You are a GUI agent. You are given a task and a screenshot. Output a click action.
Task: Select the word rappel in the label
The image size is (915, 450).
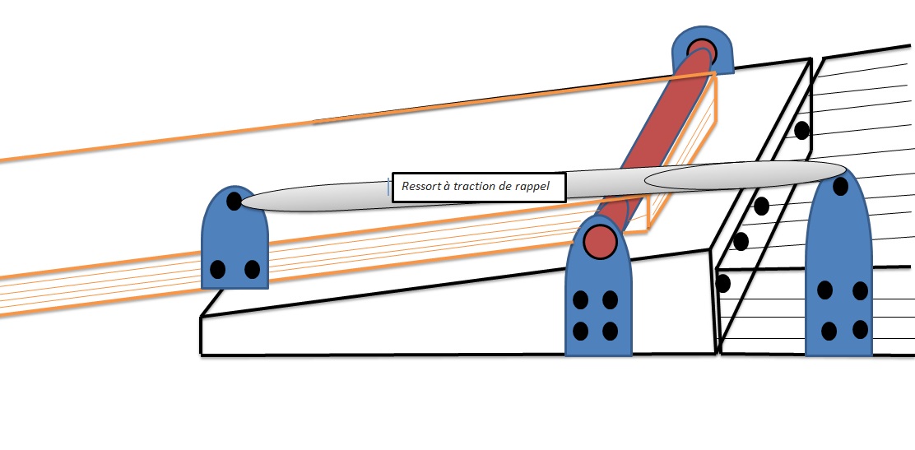click(x=532, y=188)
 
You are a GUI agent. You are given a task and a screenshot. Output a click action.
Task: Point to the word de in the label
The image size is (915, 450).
click(x=497, y=187)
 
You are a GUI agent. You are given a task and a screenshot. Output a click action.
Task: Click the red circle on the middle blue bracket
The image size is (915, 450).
click(x=600, y=241)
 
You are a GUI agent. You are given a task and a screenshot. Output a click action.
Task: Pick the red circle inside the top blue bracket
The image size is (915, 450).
click(x=701, y=50)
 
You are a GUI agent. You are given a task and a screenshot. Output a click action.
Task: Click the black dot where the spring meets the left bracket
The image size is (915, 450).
click(x=234, y=202)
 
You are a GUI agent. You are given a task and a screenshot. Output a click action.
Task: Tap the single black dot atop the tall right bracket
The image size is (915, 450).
click(x=840, y=187)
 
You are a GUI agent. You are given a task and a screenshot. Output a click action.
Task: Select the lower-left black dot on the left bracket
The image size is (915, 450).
click(x=218, y=270)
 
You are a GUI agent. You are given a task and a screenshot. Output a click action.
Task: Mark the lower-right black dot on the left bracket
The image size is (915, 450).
click(x=252, y=270)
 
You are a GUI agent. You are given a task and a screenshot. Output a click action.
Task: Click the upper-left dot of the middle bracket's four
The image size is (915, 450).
click(x=580, y=300)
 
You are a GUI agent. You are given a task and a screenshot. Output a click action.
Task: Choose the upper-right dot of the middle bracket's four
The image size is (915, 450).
click(x=610, y=300)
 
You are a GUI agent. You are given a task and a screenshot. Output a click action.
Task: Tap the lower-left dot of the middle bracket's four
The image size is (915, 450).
click(x=580, y=331)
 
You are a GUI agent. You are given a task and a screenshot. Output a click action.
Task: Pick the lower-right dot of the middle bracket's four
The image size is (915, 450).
click(x=610, y=331)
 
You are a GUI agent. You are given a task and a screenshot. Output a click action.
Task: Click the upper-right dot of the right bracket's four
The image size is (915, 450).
click(x=860, y=290)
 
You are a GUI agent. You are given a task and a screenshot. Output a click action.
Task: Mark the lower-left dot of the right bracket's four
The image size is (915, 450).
click(x=829, y=331)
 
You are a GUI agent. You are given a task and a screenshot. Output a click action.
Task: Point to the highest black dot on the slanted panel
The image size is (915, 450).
click(x=801, y=130)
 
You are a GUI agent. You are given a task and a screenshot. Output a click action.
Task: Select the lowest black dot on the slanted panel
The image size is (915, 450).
click(x=723, y=284)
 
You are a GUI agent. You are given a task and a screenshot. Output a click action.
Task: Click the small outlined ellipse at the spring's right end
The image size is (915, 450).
click(x=745, y=175)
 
